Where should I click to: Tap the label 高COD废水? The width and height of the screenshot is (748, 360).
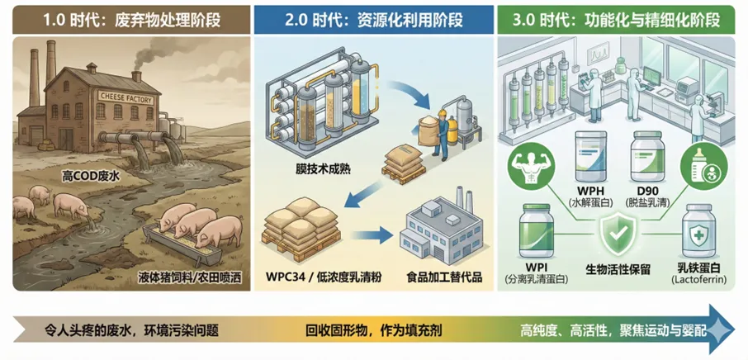(92, 175)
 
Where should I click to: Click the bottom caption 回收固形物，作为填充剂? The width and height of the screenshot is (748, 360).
(373, 331)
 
